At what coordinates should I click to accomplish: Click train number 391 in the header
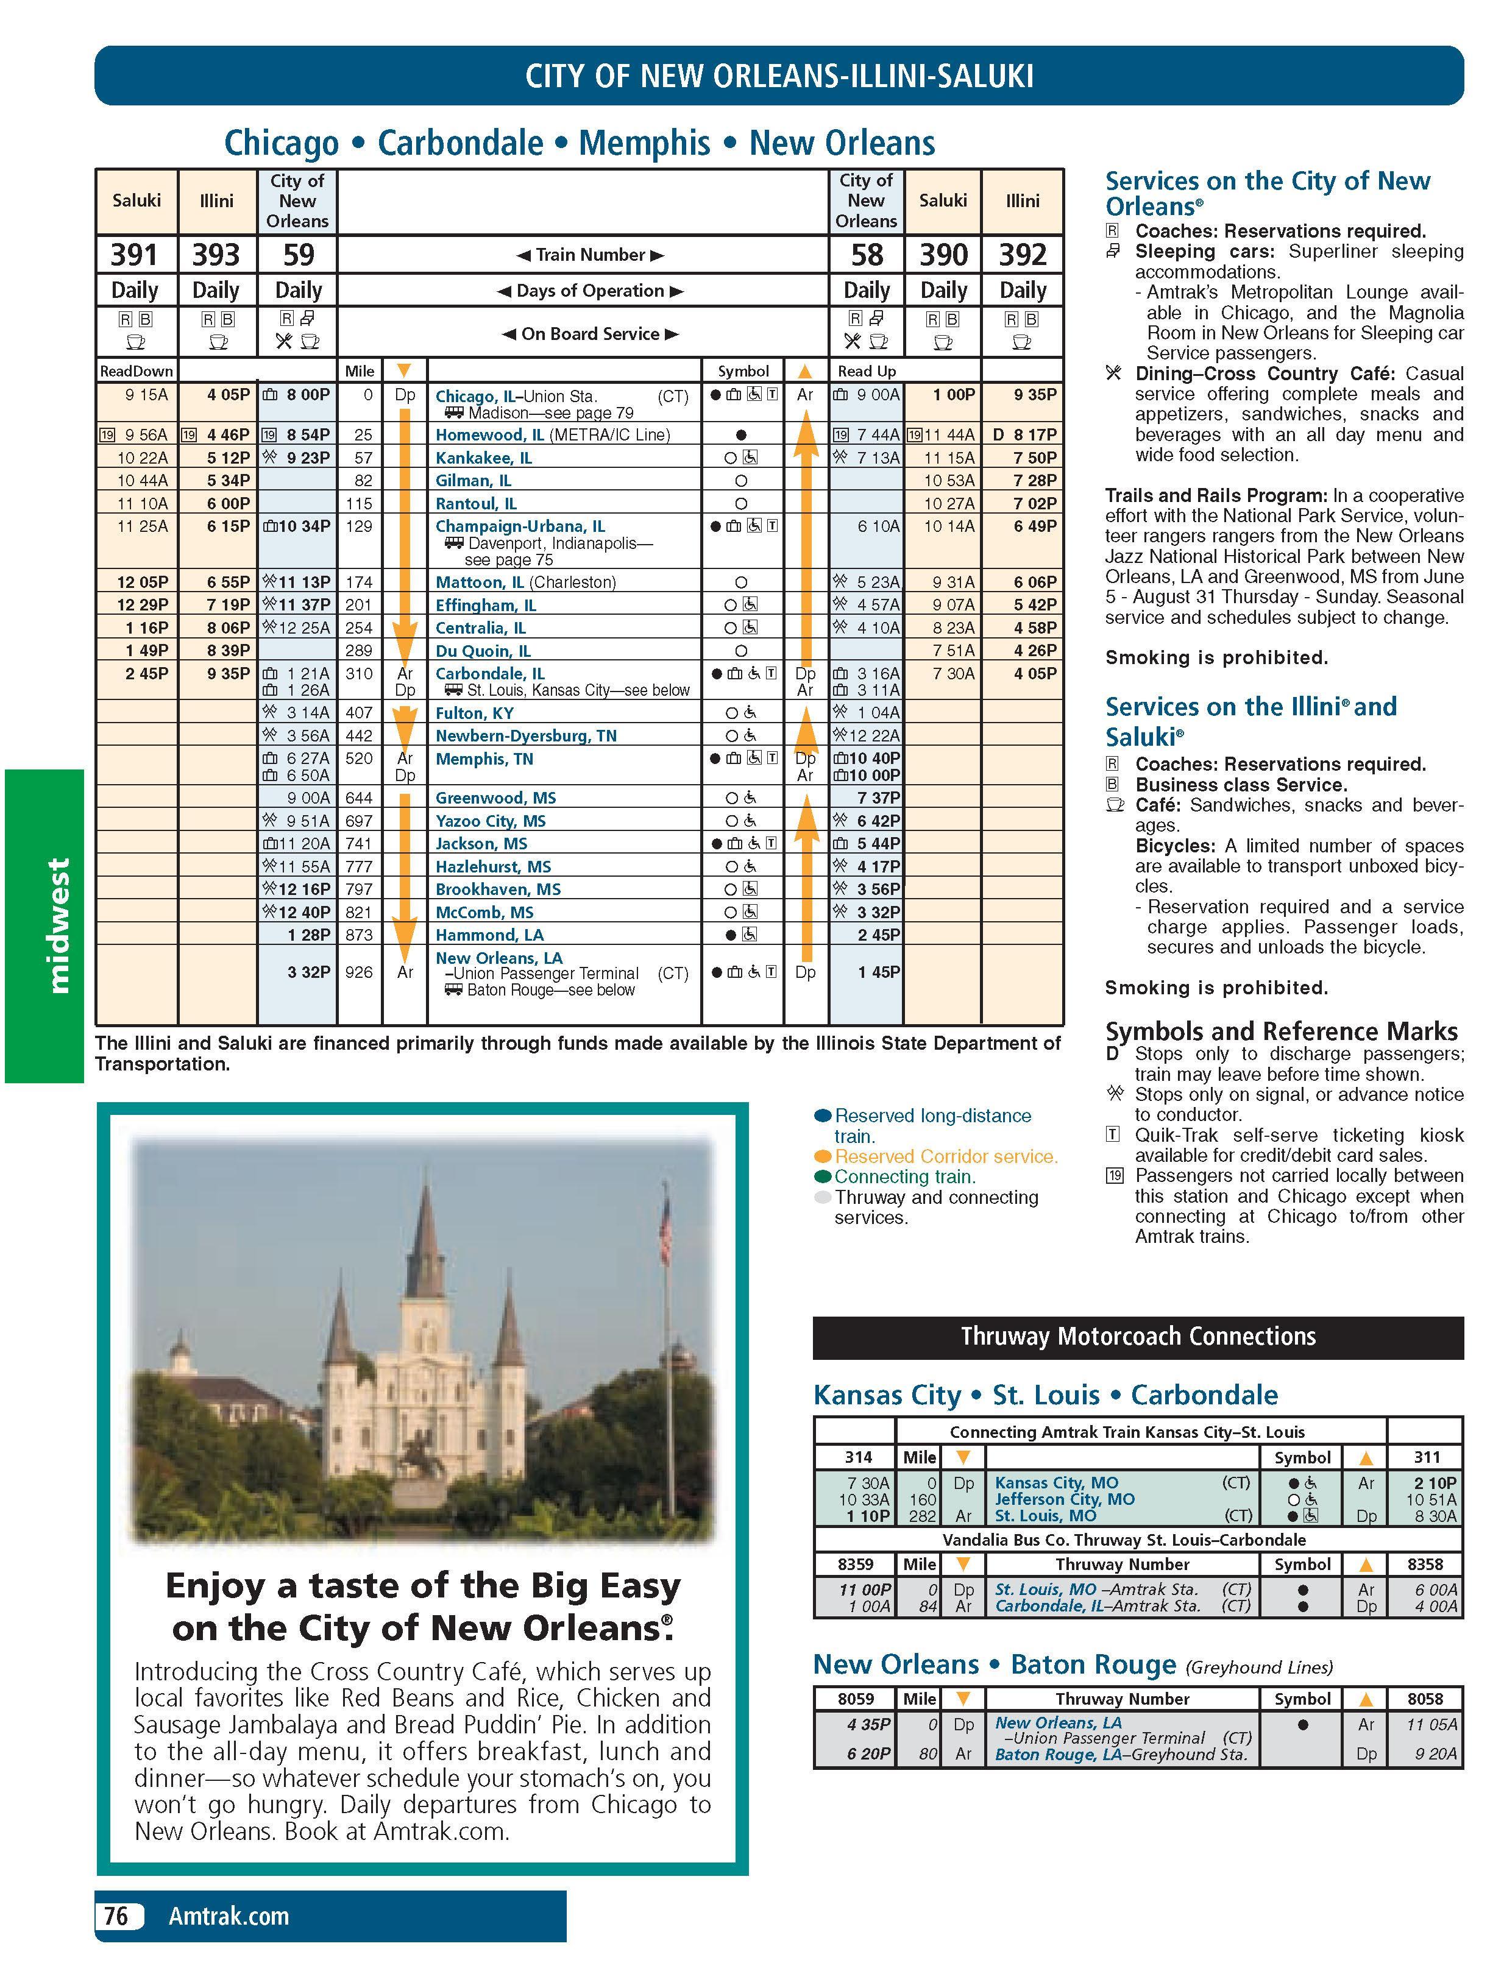coord(134,255)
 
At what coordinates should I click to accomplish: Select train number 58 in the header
coord(867,255)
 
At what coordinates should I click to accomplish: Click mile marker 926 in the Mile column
coord(359,972)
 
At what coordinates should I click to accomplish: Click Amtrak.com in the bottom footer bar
coord(229,1915)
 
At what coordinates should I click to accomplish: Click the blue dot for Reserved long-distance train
coord(821,1116)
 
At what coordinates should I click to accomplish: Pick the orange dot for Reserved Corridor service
coord(821,1156)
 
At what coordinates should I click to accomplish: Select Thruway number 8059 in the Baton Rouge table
coord(855,1699)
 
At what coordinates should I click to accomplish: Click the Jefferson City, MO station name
coord(1065,1499)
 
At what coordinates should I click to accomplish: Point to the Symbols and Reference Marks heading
coord(1280,1031)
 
